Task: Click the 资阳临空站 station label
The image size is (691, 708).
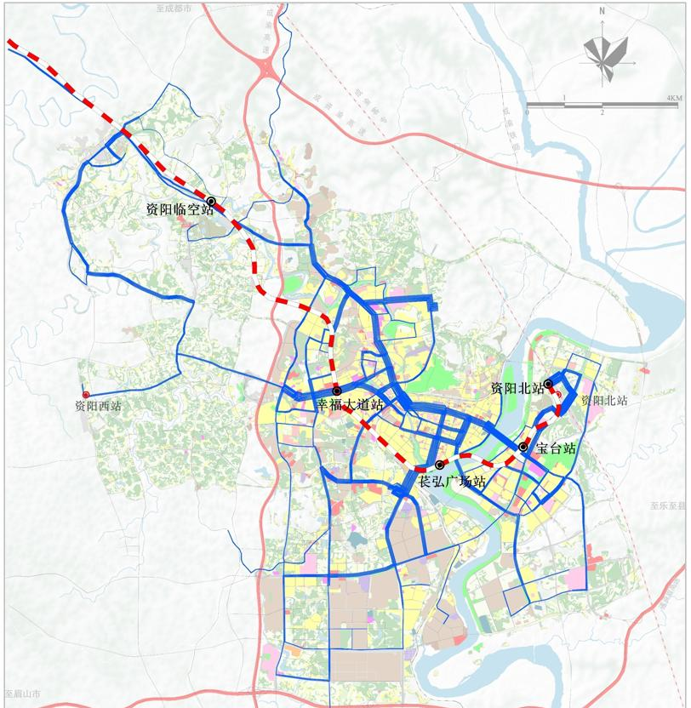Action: tap(179, 209)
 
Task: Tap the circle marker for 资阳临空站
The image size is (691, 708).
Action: tap(211, 202)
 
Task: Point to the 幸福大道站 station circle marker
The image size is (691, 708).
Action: tap(337, 391)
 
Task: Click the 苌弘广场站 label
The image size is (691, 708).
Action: tap(452, 482)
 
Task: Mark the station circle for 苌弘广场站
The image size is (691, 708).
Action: tap(439, 465)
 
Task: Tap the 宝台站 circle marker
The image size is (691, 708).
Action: tap(523, 448)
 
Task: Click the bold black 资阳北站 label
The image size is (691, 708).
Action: tap(517, 388)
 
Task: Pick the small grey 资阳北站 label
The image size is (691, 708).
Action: tap(603, 400)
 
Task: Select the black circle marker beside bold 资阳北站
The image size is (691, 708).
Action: tap(550, 384)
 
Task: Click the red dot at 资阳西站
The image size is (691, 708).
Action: tap(86, 395)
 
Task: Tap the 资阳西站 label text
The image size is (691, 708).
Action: tap(98, 407)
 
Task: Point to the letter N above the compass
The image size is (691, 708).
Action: tap(602, 12)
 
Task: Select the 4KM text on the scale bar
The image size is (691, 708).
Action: tap(674, 99)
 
